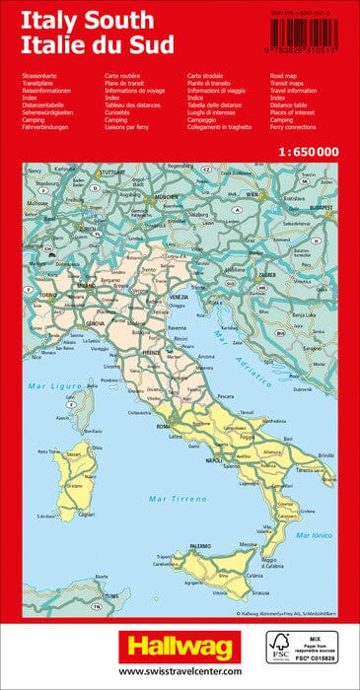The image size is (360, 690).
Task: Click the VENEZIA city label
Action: pos(179,297)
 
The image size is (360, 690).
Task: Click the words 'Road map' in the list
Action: pos(286,75)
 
